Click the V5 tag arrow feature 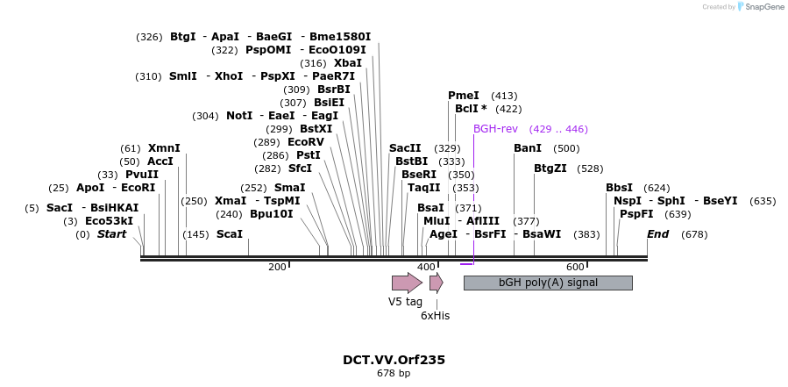pyautogui.click(x=407, y=283)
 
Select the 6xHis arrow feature pyautogui.click(x=436, y=283)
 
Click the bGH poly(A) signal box pyautogui.click(x=547, y=283)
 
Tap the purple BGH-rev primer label pyautogui.click(x=495, y=129)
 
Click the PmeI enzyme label pyautogui.click(x=464, y=96)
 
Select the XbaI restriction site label pyautogui.click(x=348, y=63)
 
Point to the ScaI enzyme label pyautogui.click(x=229, y=234)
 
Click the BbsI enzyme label pyautogui.click(x=619, y=188)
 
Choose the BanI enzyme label pyautogui.click(x=528, y=148)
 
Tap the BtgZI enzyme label pyautogui.click(x=550, y=168)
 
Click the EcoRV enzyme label pyautogui.click(x=306, y=142)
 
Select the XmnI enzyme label pyautogui.click(x=164, y=148)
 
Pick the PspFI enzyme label pyautogui.click(x=636, y=214)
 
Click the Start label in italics pyautogui.click(x=111, y=234)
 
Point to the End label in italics pyautogui.click(x=657, y=234)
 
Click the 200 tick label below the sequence pyautogui.click(x=277, y=267)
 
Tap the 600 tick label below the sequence pyautogui.click(x=574, y=267)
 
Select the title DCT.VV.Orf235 pyautogui.click(x=394, y=360)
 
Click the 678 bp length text pyautogui.click(x=394, y=374)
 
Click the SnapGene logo pyautogui.click(x=762, y=7)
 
